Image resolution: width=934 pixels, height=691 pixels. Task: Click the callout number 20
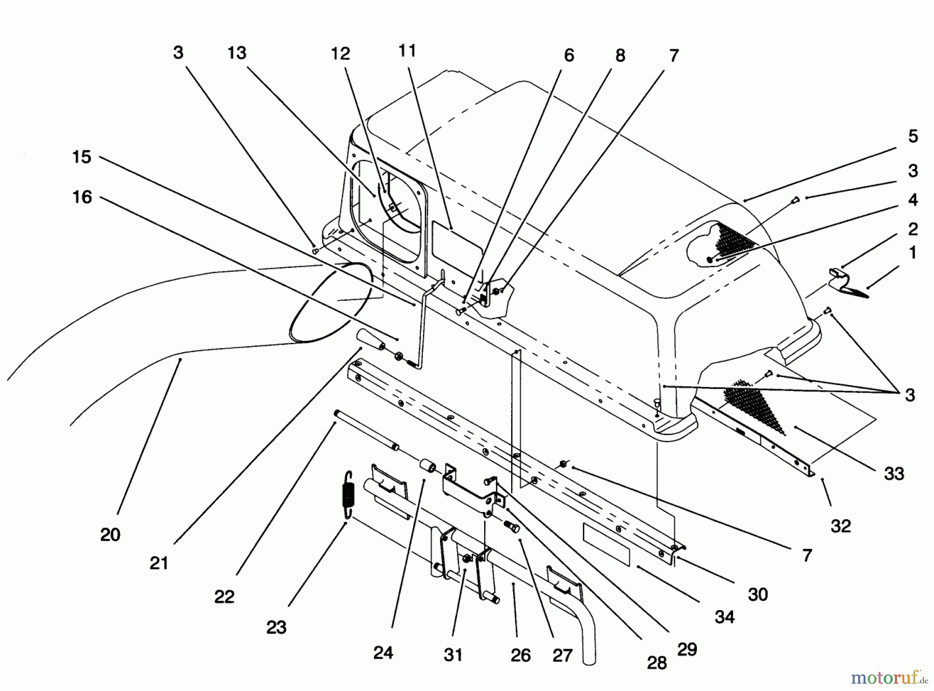pyautogui.click(x=110, y=534)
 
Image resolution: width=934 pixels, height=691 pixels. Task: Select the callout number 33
pyautogui.click(x=894, y=473)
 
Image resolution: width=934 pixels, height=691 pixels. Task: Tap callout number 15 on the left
pyautogui.click(x=81, y=157)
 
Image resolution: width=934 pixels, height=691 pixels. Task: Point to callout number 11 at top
pyautogui.click(x=407, y=51)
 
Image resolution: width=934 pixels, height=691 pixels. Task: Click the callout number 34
pyautogui.click(x=724, y=616)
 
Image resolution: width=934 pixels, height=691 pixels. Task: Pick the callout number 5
pyautogui.click(x=913, y=136)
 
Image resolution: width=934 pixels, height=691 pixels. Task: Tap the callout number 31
pyautogui.click(x=452, y=655)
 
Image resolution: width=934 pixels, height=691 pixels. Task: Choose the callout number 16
pyautogui.click(x=82, y=197)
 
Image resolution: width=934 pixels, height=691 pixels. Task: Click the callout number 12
pyautogui.click(x=340, y=53)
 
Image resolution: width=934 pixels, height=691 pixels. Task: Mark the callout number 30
pyautogui.click(x=758, y=594)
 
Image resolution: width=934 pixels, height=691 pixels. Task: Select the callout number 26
pyautogui.click(x=520, y=655)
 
